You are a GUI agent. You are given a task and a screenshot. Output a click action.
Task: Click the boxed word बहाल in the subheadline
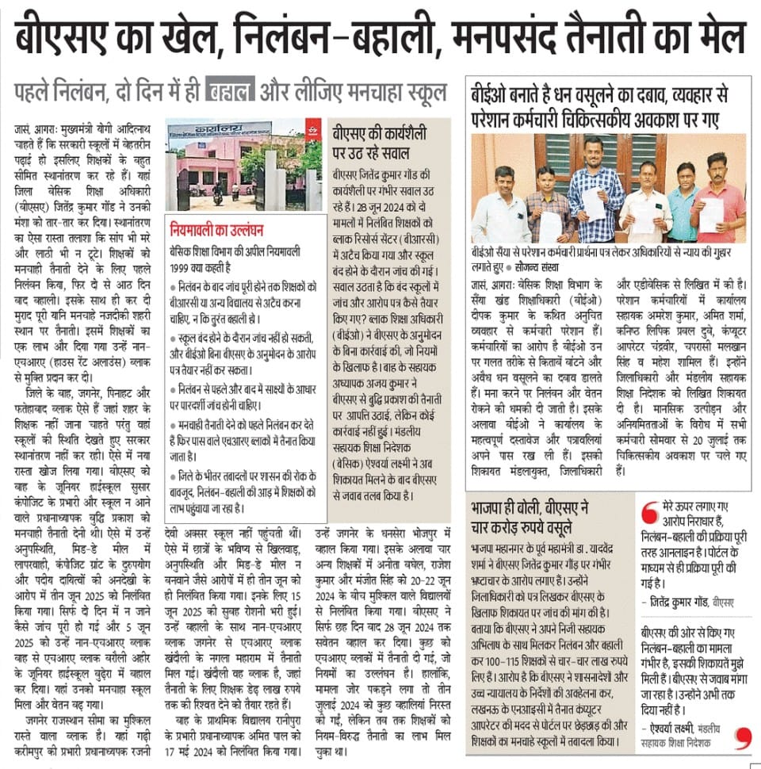(230, 90)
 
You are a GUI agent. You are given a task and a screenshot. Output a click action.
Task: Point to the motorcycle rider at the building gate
(217, 190)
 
